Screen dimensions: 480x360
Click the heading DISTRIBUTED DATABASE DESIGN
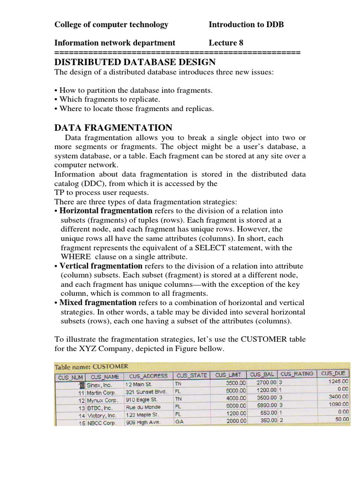point(135,62)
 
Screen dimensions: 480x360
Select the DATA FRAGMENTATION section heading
point(113,127)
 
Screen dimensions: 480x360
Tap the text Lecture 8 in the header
point(226,43)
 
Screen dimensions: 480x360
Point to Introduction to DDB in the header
point(246,24)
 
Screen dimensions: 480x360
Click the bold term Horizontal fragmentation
point(106,211)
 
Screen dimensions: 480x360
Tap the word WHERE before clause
point(76,257)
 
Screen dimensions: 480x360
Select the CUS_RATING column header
point(296,375)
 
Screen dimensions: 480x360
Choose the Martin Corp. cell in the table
point(101,390)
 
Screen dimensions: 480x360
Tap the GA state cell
point(180,421)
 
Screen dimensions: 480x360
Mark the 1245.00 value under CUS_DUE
point(338,382)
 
